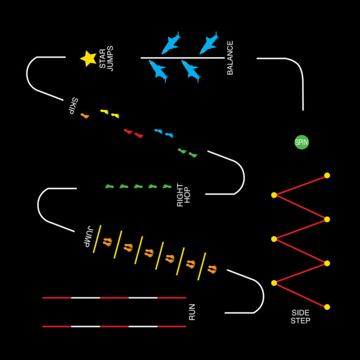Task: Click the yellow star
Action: (88, 58)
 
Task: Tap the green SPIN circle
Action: (301, 142)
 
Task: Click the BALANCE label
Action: (230, 58)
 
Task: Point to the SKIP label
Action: (71, 106)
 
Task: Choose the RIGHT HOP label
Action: (183, 195)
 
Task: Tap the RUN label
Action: (192, 312)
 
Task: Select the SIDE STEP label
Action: (301, 317)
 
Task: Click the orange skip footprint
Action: (84, 116)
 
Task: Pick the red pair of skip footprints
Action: (133, 133)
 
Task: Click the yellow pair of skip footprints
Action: (110, 114)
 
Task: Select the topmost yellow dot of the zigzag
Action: (327, 175)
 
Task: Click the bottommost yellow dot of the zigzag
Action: (327, 307)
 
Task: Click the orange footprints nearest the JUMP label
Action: (107, 241)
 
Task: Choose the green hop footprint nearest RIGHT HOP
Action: (167, 187)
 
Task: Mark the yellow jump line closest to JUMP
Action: (97, 239)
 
